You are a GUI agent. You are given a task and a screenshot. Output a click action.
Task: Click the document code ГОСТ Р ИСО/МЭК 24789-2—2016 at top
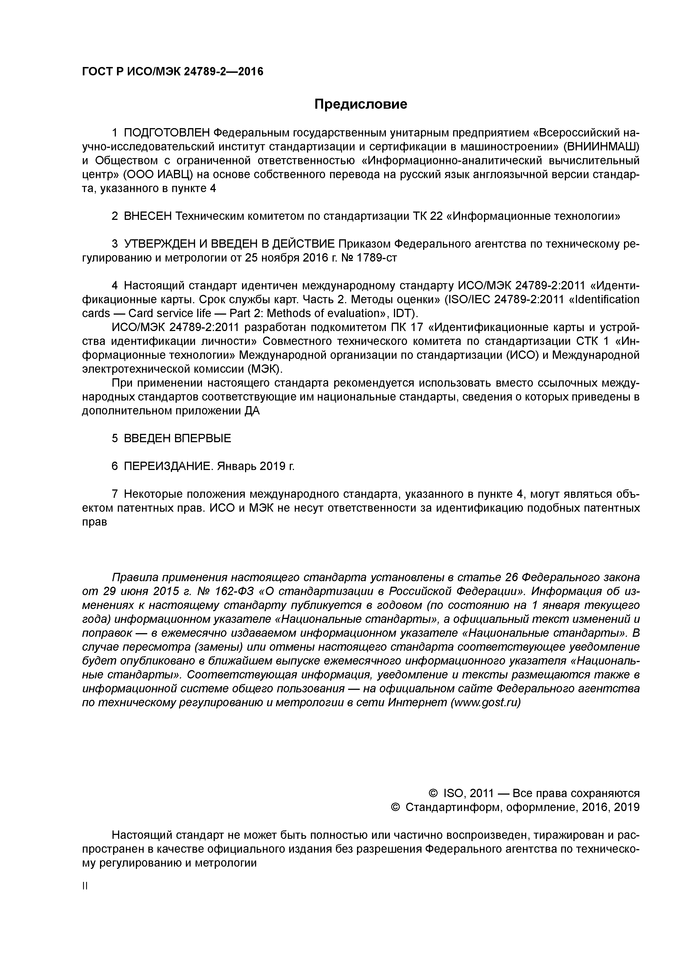[172, 72]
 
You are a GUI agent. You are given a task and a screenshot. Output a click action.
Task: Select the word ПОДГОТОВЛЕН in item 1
[167, 133]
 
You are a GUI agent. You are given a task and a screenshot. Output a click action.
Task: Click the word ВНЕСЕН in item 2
[148, 217]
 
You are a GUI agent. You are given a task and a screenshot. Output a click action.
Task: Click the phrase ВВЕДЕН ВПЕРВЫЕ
[178, 439]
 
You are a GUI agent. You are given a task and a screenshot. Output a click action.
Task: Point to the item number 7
[115, 494]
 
